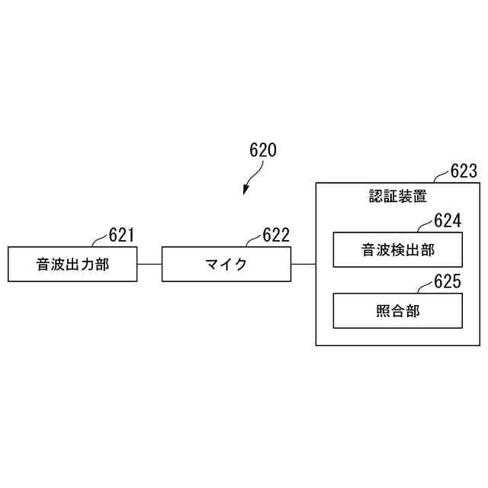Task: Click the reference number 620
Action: [x=263, y=149]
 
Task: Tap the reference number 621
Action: [x=122, y=235]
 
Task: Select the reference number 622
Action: [x=276, y=235]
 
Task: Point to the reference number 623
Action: [x=464, y=171]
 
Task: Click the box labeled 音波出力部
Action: [x=72, y=264]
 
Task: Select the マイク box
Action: [x=226, y=264]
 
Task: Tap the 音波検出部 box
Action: [x=397, y=249]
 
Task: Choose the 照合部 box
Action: [x=397, y=310]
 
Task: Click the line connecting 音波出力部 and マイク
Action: [x=149, y=264]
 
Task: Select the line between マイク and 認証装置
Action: [x=303, y=264]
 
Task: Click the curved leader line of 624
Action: [x=425, y=225]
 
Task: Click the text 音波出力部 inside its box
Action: [x=72, y=265]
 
